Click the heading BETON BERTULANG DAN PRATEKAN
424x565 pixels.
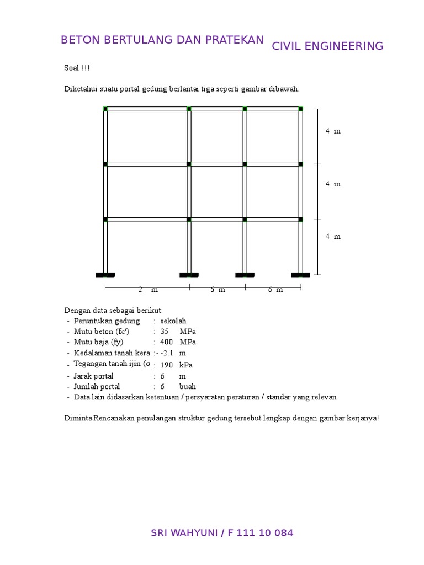pos(162,40)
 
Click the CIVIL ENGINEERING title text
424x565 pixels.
pos(327,46)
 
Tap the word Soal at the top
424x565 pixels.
pos(72,68)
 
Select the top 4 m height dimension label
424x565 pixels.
pos(333,131)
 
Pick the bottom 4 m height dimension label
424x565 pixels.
pos(333,236)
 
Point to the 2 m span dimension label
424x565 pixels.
pos(148,290)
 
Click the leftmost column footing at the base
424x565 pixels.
pos(105,274)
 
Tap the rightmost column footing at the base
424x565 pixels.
pos(301,274)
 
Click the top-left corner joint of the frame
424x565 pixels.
pos(105,109)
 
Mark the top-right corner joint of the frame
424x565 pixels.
pos(301,109)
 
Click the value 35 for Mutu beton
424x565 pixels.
pos(165,331)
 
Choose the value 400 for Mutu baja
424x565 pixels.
pos(167,342)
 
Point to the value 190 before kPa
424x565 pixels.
pos(167,365)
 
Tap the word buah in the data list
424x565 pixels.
pos(187,386)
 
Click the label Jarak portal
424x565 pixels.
pos(93,376)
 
